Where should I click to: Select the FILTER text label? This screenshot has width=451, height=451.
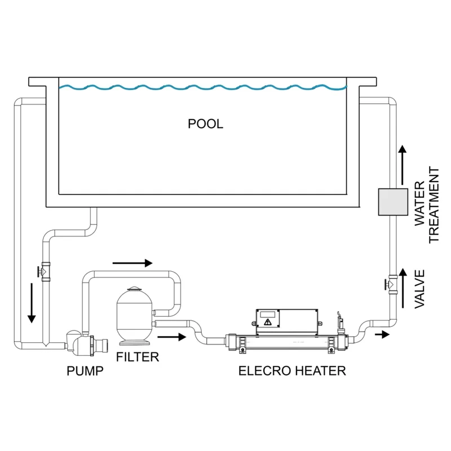137,357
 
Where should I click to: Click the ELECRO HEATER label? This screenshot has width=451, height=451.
291,371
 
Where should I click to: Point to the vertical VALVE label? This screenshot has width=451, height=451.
419,289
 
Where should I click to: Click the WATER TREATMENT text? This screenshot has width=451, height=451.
427,205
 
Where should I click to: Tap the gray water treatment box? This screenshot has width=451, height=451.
392,201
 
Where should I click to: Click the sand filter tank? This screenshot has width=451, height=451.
134,319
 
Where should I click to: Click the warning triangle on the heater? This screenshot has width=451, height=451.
267,322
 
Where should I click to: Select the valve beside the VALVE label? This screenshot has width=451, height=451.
390,282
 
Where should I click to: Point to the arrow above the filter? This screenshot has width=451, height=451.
132,263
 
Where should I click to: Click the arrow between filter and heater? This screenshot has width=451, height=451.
171,337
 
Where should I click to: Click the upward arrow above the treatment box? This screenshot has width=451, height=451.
401,163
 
